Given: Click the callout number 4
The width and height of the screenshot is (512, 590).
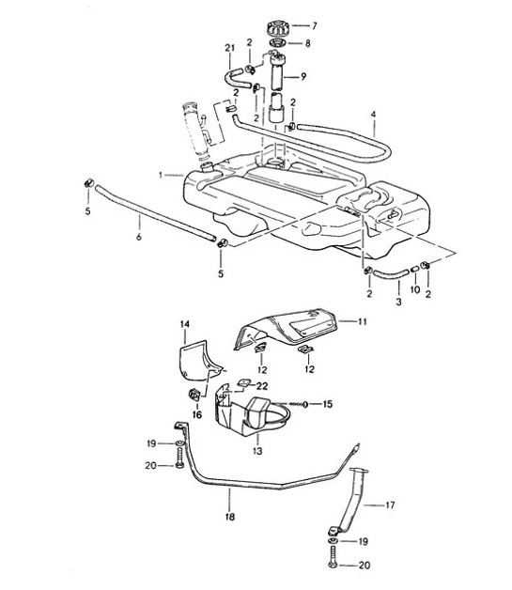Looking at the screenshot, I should point(374,117).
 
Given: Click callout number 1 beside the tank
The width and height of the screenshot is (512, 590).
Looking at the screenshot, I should point(162,175).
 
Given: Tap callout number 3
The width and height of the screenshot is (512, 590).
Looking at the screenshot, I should point(397,304).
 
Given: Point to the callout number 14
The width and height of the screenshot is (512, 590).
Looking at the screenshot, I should point(185,324).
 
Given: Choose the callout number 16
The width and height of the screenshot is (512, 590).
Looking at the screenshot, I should point(196,412).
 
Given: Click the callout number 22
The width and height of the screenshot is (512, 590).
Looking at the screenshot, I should point(262,386).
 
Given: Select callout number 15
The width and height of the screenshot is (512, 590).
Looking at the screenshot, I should point(327,404).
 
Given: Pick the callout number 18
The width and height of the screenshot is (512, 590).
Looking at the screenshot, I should point(230,518).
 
